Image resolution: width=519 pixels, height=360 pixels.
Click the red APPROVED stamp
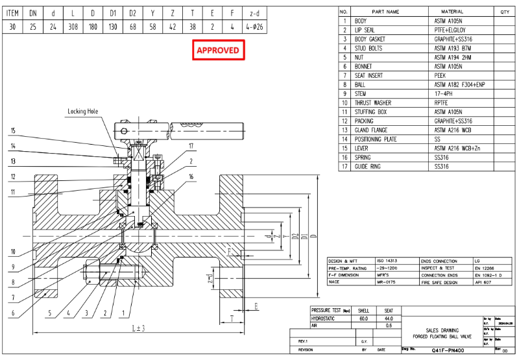(x=218, y=50)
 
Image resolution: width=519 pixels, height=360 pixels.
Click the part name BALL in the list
(x=360, y=84)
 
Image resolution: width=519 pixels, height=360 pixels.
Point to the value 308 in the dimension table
(x=73, y=27)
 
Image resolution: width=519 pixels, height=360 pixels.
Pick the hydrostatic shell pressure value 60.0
(x=364, y=318)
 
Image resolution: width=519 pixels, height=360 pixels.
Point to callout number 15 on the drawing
(x=12, y=130)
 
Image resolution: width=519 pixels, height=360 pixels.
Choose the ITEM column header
(x=13, y=12)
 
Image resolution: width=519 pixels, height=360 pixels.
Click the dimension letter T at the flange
(x=231, y=318)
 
